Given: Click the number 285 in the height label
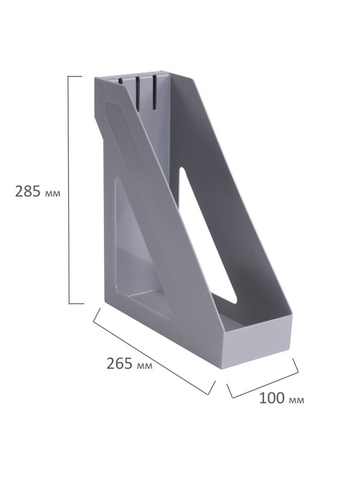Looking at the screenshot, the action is point(28,192).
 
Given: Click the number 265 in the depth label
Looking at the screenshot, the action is point(119,363).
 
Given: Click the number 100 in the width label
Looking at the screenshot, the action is point(272,398).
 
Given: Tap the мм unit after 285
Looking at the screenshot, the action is point(52,194).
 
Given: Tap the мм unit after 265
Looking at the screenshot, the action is point(144,365).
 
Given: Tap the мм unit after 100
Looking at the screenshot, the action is point(296,400).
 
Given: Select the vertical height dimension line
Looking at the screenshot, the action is point(69,190).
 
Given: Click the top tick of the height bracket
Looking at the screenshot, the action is point(75,76).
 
